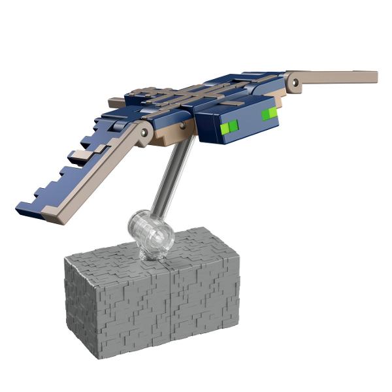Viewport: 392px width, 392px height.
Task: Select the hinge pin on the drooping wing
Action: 144,133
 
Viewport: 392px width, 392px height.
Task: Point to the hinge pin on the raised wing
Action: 295,82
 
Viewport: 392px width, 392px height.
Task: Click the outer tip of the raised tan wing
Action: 374,76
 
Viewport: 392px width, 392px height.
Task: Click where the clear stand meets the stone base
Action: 152,253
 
